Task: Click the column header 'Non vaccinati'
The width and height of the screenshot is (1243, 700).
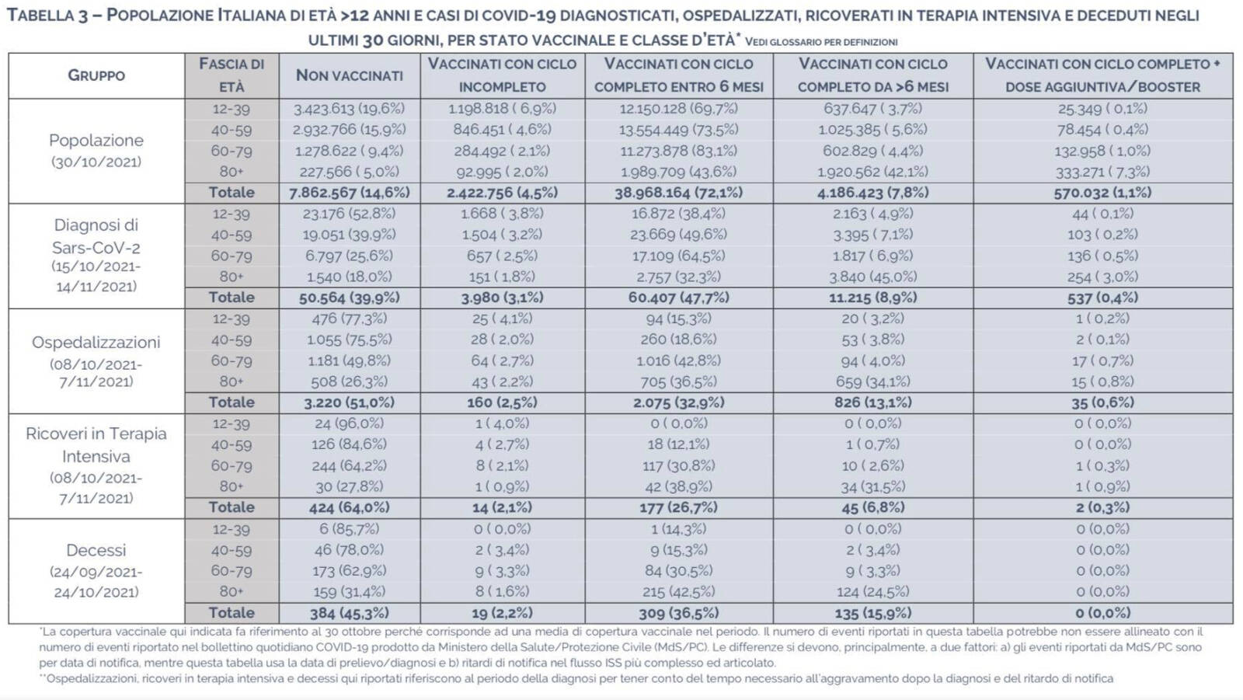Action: pyautogui.click(x=350, y=75)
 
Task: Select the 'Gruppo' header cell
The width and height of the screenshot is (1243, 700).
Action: pyautogui.click(x=96, y=75)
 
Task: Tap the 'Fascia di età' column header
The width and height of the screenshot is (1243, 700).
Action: pyautogui.click(x=232, y=75)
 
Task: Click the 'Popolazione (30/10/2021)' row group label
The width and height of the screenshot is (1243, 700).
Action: pyautogui.click(x=96, y=151)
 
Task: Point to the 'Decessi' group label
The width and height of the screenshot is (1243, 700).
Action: pyautogui.click(x=96, y=550)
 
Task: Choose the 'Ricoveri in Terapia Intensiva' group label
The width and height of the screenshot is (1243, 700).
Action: pyautogui.click(x=96, y=444)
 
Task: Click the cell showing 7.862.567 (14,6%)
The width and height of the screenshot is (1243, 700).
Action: pyautogui.click(x=350, y=193)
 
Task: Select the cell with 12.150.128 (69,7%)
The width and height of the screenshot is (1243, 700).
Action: pyautogui.click(x=679, y=108)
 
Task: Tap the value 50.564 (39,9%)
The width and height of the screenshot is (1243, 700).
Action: pyautogui.click(x=350, y=298)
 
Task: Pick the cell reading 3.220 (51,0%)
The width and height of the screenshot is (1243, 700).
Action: pyautogui.click(x=350, y=402)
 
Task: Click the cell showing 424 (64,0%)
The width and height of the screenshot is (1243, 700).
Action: pyautogui.click(x=350, y=507)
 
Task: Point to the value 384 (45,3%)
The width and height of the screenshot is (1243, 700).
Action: pyautogui.click(x=350, y=613)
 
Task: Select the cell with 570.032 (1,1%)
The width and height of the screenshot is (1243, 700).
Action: pyautogui.click(x=1102, y=193)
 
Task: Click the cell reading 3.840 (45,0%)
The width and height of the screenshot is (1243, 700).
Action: pyautogui.click(x=873, y=277)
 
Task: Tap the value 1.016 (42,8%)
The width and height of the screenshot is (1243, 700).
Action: pyautogui.click(x=679, y=360)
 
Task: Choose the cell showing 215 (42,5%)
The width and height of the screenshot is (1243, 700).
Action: pyautogui.click(x=679, y=592)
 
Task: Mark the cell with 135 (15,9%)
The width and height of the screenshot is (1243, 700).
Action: pyautogui.click(x=873, y=613)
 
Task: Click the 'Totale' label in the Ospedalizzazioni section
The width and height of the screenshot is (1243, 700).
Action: pyautogui.click(x=232, y=402)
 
